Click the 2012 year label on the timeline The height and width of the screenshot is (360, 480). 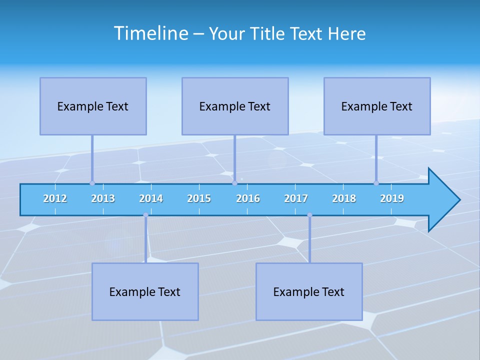[x=55, y=198]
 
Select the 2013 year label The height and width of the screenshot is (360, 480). [x=103, y=198]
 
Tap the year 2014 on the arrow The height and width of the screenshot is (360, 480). [x=151, y=198]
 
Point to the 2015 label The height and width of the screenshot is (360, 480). [x=199, y=198]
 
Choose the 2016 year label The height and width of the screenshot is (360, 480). [x=248, y=198]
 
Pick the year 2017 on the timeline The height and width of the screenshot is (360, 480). [x=296, y=198]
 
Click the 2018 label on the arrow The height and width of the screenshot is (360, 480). [x=344, y=198]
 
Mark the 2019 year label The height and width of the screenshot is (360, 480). [x=392, y=198]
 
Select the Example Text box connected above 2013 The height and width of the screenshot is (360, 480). [x=93, y=106]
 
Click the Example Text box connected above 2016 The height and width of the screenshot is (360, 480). [x=235, y=106]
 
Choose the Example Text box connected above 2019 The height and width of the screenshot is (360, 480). [x=377, y=106]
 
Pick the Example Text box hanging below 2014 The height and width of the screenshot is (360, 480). [x=145, y=291]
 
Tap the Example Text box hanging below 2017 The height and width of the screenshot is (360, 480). [x=309, y=291]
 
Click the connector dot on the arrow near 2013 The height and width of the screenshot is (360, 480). [x=92, y=183]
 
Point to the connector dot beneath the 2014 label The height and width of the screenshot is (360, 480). [x=145, y=215]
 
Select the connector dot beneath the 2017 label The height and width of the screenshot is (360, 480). [x=309, y=215]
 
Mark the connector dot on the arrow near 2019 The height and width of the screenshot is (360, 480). [x=376, y=183]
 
